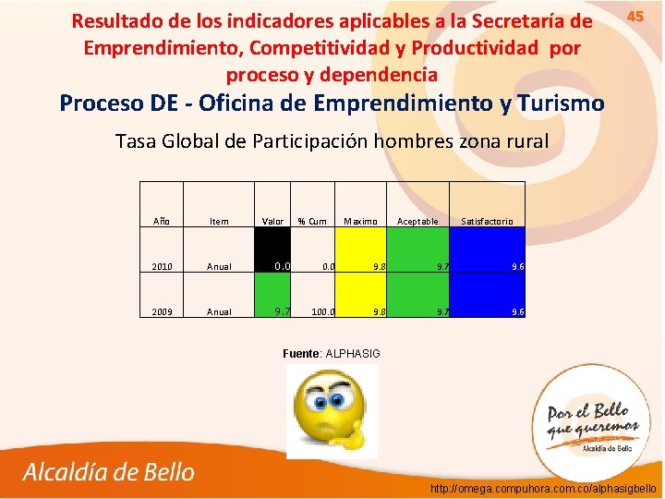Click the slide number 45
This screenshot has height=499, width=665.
[635, 17]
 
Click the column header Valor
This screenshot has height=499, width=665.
[273, 222]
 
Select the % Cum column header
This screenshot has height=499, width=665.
[312, 222]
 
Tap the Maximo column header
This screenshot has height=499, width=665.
[360, 222]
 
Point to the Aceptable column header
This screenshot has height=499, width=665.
[417, 222]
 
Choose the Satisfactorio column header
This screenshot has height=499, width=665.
[488, 222]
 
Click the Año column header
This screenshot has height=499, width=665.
[162, 222]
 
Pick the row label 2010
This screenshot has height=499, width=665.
[162, 267]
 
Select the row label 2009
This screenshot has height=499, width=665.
[162, 312]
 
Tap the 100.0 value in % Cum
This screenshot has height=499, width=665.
[322, 312]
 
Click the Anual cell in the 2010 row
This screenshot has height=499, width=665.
[220, 267]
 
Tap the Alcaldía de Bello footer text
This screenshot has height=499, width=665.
[109, 472]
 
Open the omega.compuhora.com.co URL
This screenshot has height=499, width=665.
[543, 488]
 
